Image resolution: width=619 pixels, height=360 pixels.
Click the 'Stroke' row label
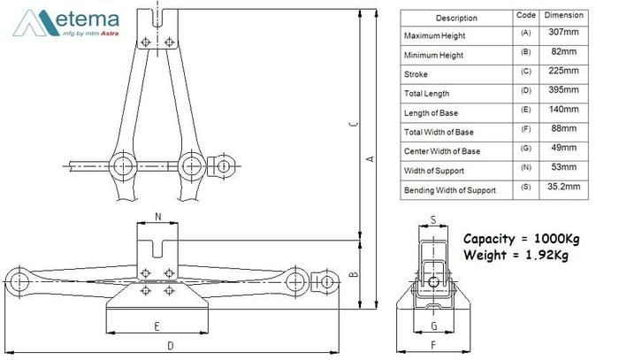click(x=416, y=74)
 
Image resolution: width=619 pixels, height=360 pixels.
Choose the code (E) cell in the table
click(x=524, y=112)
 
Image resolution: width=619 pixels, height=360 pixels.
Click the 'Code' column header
click(x=524, y=16)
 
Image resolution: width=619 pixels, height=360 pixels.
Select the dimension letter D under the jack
click(x=170, y=344)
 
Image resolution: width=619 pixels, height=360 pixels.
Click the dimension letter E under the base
click(x=157, y=326)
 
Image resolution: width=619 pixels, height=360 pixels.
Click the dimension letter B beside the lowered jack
click(x=352, y=275)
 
